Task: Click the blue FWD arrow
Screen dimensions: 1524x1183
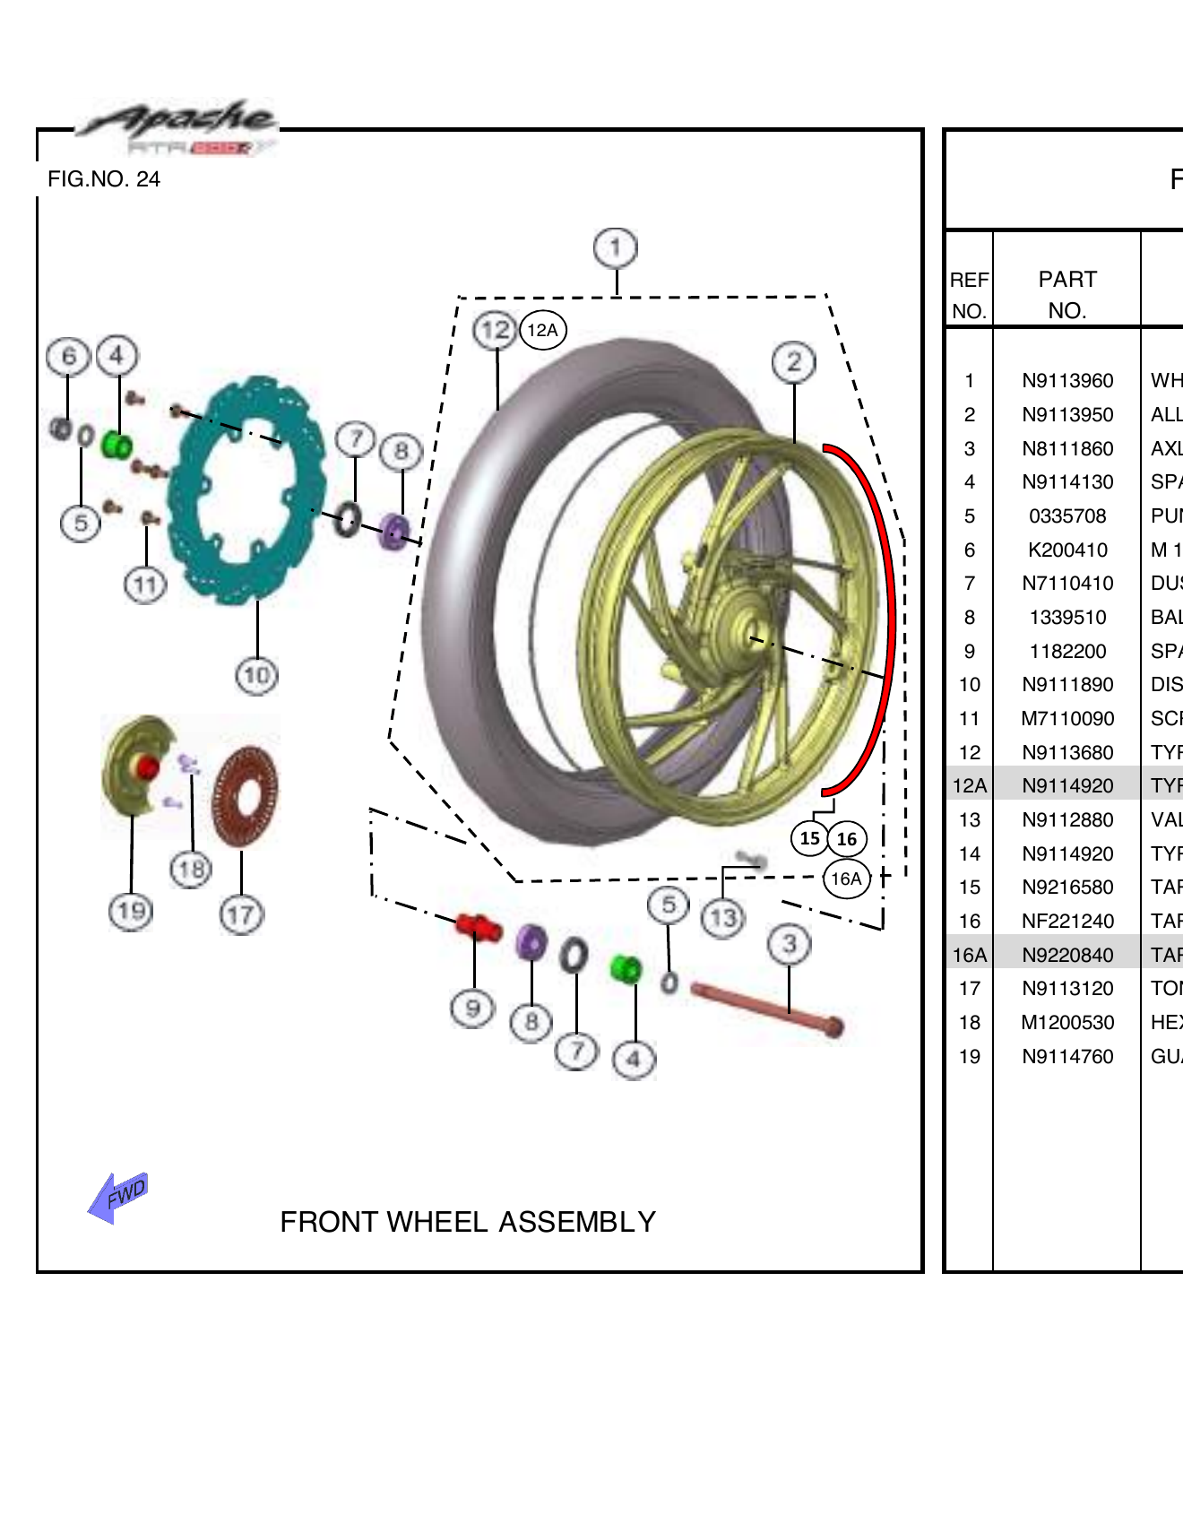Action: pyautogui.click(x=118, y=1197)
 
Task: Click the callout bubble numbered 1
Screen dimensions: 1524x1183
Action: pyautogui.click(x=616, y=248)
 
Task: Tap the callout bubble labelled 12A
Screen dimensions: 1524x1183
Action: pyautogui.click(x=542, y=330)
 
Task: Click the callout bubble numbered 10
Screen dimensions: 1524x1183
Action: pyautogui.click(x=256, y=674)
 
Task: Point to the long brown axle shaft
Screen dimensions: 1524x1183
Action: pyautogui.click(x=766, y=1008)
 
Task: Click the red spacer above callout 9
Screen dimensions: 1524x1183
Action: pyautogui.click(x=477, y=926)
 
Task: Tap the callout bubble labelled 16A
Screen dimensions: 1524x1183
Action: pyautogui.click(x=846, y=879)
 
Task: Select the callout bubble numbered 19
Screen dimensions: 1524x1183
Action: pyautogui.click(x=131, y=912)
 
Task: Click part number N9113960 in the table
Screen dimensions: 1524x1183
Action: pyautogui.click(x=1066, y=381)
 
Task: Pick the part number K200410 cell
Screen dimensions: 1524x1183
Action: pyautogui.click(x=1066, y=550)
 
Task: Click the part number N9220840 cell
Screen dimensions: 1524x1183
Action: pyautogui.click(x=1066, y=955)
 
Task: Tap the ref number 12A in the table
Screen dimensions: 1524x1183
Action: pyautogui.click(x=969, y=786)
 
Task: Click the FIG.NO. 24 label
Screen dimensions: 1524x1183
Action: pyautogui.click(x=104, y=179)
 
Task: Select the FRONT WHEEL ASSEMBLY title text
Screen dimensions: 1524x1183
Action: pyautogui.click(x=467, y=1222)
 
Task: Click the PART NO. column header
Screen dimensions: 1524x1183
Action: pyautogui.click(x=1066, y=294)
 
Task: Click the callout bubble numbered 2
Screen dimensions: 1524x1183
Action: pyautogui.click(x=793, y=362)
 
